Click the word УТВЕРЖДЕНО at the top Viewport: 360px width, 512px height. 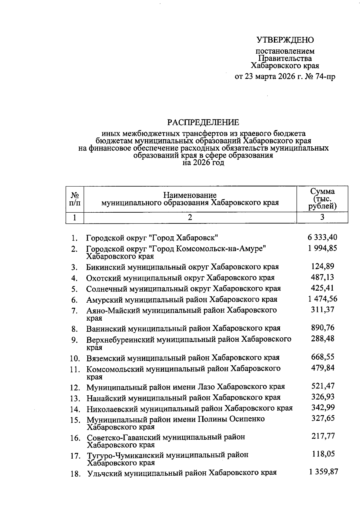pyautogui.click(x=285, y=40)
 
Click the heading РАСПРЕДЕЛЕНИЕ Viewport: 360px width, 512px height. pyautogui.click(x=203, y=122)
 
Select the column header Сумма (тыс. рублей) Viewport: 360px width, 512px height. pyautogui.click(x=322, y=199)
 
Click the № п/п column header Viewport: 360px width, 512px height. pyautogui.click(x=75, y=199)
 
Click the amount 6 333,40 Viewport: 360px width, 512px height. pyautogui.click(x=322, y=237)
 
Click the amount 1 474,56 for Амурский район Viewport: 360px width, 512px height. pyautogui.click(x=322, y=299)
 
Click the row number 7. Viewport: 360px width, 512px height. pyautogui.click(x=75, y=311)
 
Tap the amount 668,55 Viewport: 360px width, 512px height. pyautogui.click(x=322, y=357)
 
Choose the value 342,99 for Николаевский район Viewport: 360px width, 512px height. pyautogui.click(x=322, y=407)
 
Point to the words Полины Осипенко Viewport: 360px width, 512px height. pyautogui.click(x=231, y=419)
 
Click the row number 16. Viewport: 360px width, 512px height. pyautogui.click(x=75, y=438)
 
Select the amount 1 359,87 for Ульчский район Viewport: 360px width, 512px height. pyautogui.click(x=323, y=472)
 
